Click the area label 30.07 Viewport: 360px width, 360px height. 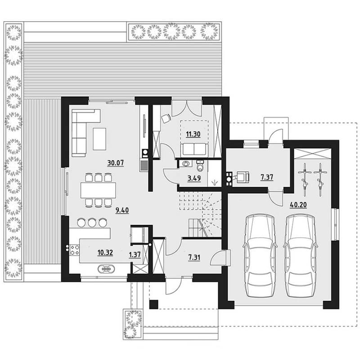coord(116,163)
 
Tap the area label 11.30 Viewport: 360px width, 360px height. coord(193,134)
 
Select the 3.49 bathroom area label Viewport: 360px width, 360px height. coord(194,178)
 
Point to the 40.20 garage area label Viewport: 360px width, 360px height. coord(298,205)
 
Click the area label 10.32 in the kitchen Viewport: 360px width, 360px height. coord(105,253)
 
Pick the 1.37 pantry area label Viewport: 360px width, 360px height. coord(135,255)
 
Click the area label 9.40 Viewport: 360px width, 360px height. coord(122,210)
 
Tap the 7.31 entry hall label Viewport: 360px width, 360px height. coord(194,257)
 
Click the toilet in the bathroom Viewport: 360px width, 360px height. coord(200,166)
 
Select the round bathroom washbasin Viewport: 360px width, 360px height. coord(186,164)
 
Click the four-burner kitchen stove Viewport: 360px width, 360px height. coord(75,250)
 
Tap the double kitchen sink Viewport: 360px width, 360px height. coord(106,269)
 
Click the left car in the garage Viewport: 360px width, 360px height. coord(260,256)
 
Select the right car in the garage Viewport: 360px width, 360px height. coord(300,256)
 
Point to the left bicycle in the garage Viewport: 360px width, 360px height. coord(305,180)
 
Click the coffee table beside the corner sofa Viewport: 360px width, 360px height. coord(99,139)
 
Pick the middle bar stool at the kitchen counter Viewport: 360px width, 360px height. coord(92,222)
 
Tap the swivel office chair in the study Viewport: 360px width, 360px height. coord(166,118)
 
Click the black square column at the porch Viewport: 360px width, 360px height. coord(153,304)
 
